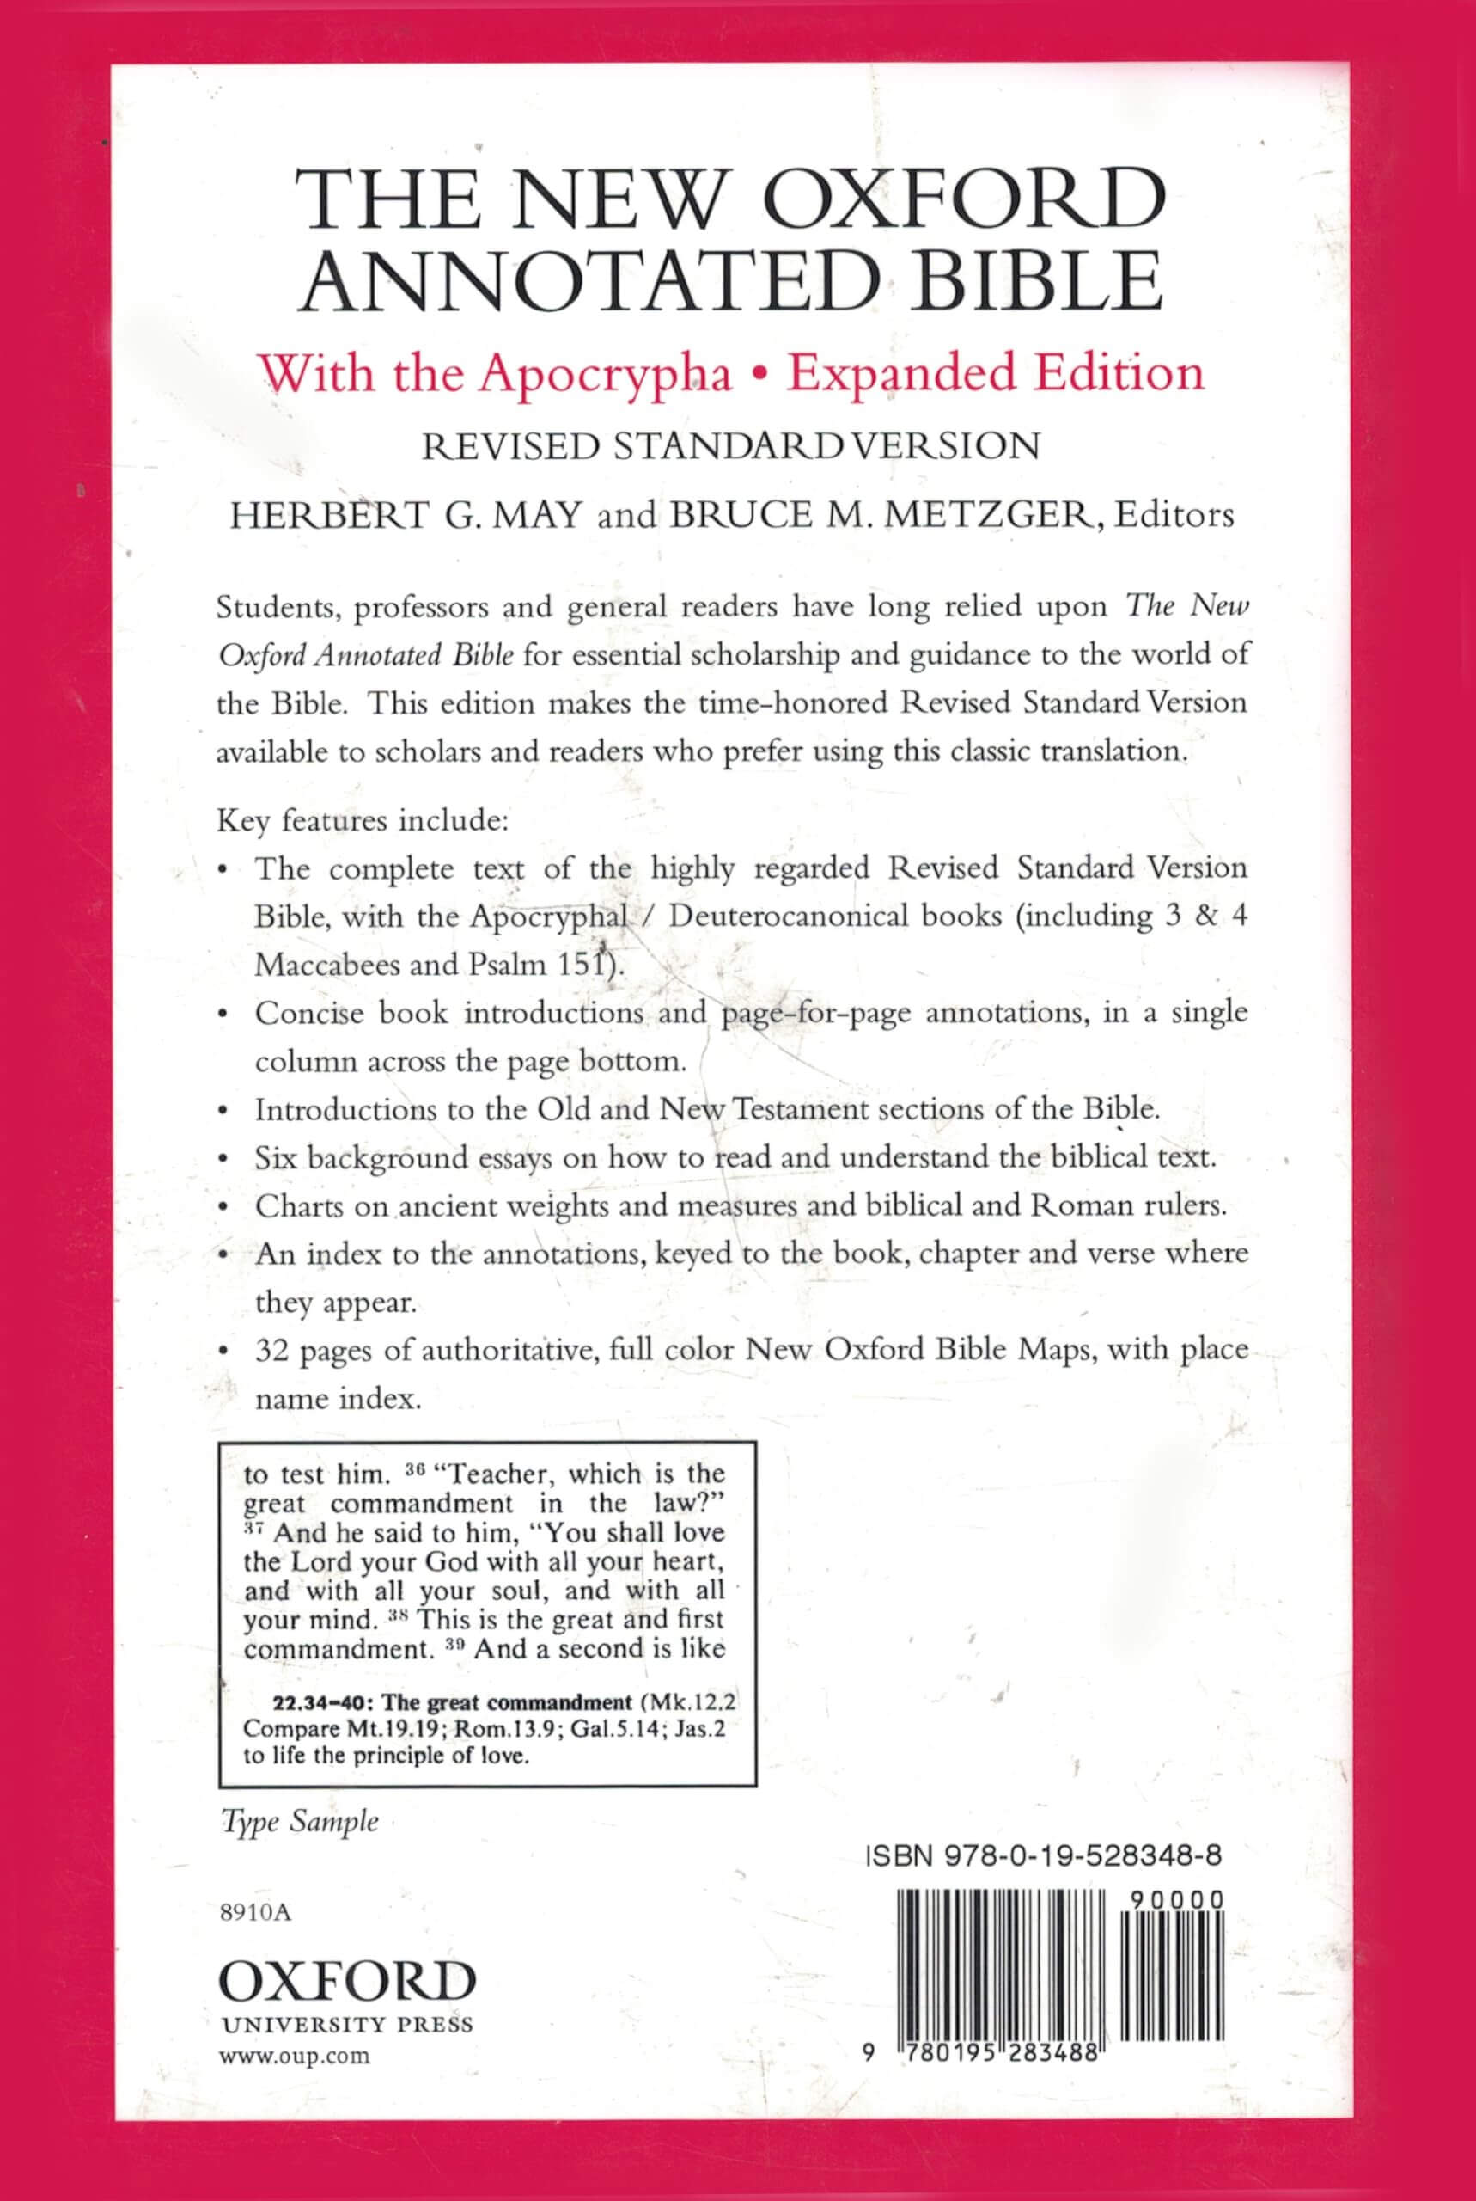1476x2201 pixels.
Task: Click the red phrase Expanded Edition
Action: tap(996, 374)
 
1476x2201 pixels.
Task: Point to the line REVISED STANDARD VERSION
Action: tap(730, 445)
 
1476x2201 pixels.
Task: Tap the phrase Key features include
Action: tap(363, 821)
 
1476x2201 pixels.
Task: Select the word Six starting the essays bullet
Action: tap(274, 1156)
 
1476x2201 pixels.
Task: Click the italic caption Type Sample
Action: tap(299, 1823)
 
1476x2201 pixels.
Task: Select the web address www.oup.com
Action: tap(295, 2055)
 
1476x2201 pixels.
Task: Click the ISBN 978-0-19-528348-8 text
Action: tap(1042, 1855)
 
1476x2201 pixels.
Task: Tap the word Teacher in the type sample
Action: tap(496, 1473)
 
